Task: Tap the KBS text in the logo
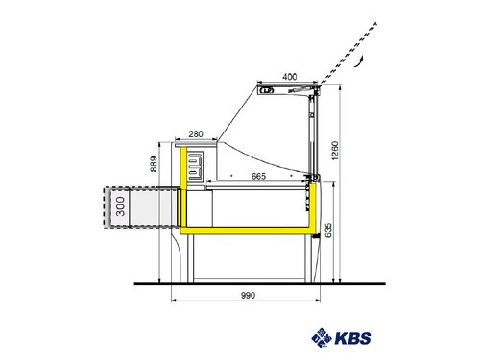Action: click(351, 338)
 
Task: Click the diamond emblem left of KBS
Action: click(322, 337)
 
